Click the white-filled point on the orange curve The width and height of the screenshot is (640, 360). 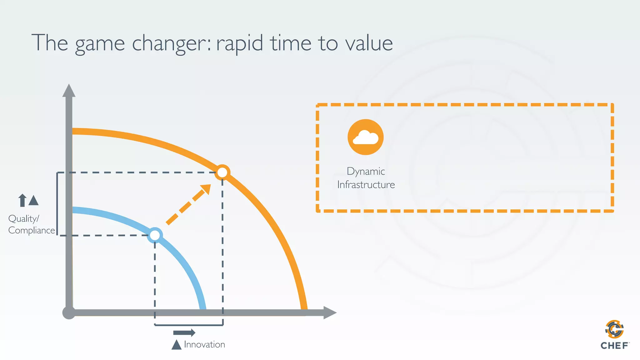(x=222, y=172)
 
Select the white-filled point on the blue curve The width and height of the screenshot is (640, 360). (x=155, y=235)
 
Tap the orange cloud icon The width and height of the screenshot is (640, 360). (x=365, y=137)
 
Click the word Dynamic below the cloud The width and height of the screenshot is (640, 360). (x=366, y=172)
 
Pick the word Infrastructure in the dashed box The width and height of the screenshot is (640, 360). (x=366, y=185)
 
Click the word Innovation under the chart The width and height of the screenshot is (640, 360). (x=204, y=344)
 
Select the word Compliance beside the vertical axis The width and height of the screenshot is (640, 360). (x=32, y=231)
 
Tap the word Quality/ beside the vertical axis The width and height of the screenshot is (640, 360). (x=24, y=218)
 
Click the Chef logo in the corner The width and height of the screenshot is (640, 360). (x=614, y=335)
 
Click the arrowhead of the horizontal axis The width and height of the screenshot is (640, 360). (x=329, y=312)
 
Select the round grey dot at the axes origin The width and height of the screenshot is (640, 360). (x=69, y=312)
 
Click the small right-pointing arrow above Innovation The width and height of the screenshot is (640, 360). (x=184, y=332)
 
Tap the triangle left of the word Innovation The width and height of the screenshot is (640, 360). (x=177, y=345)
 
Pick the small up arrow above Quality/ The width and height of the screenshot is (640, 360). (x=22, y=200)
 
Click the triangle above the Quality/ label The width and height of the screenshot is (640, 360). (x=33, y=201)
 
